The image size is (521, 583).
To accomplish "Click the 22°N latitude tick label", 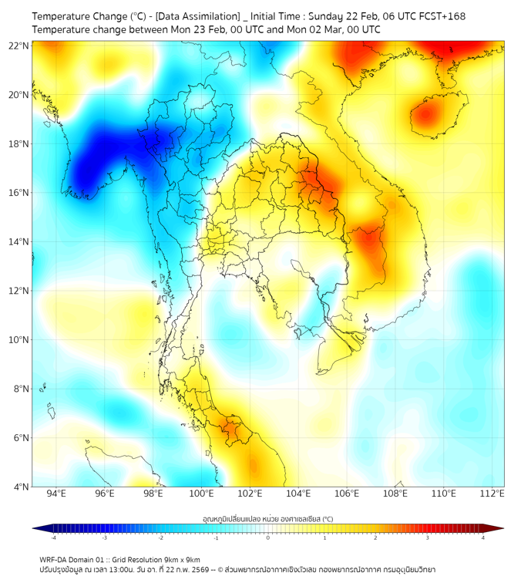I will (19, 45).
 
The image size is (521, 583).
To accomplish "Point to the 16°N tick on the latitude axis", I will (19, 193).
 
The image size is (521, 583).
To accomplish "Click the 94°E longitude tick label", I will (56, 494).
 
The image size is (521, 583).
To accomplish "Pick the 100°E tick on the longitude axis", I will (202, 494).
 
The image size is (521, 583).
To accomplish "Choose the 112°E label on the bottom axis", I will (492, 494).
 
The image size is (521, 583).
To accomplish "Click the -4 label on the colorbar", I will (53, 538).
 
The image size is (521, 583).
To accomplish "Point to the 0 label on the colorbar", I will (268, 538).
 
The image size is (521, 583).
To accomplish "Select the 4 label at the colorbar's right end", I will (482, 538).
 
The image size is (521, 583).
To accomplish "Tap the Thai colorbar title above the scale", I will (267, 519).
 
